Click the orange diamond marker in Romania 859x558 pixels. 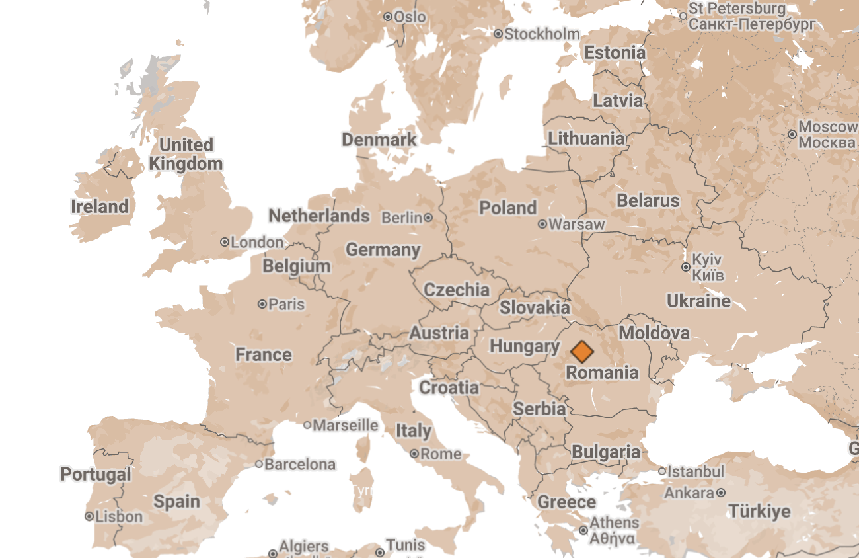coord(581,351)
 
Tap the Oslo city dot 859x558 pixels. coord(388,17)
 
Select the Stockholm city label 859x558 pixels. coord(542,34)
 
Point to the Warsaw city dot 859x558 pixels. coord(542,224)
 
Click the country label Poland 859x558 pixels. coord(507,208)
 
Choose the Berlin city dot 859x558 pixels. coord(428,217)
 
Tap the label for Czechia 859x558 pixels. coord(457,290)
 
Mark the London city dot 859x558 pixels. coord(225,242)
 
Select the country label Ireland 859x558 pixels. coord(100,206)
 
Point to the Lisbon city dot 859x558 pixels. coord(89,516)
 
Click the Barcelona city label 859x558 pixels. coord(300,464)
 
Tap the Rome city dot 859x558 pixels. coord(414,454)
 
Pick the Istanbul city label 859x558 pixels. coord(696,471)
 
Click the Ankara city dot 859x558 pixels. coord(720,493)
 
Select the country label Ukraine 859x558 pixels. coord(698,301)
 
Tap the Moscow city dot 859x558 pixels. coord(792,134)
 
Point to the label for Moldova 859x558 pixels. coord(654,333)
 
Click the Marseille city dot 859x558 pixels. coord(307,425)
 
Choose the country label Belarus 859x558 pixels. coord(648,200)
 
